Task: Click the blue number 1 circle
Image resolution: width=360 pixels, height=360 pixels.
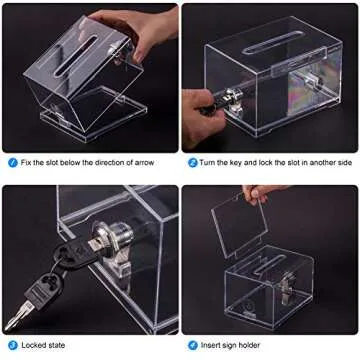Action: tap(9, 162)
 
